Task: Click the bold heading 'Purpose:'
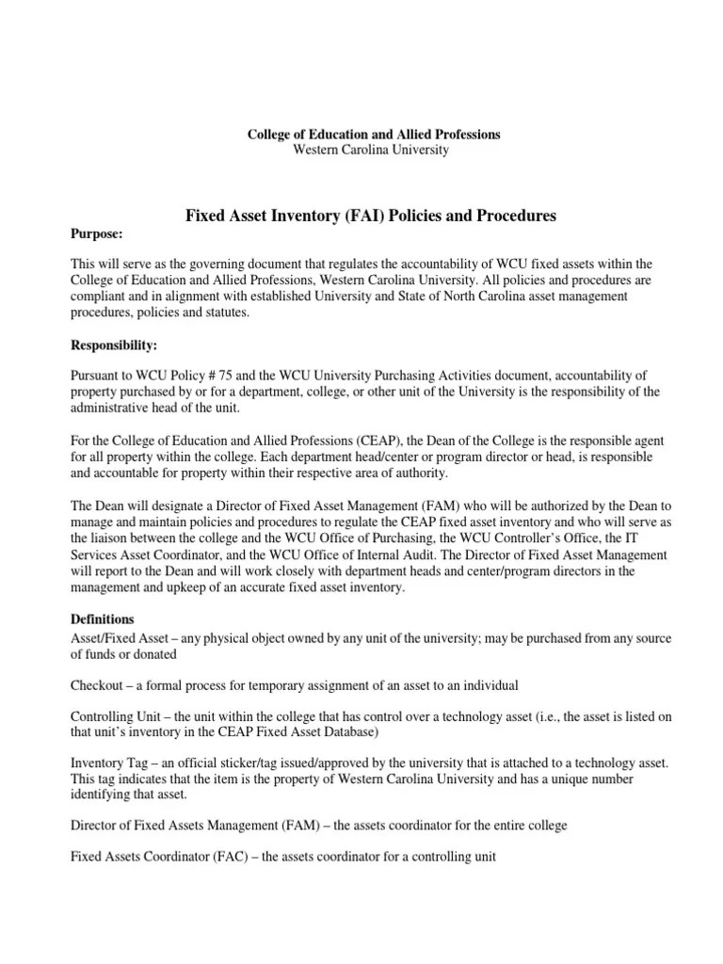98,233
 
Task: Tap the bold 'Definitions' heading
104,619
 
